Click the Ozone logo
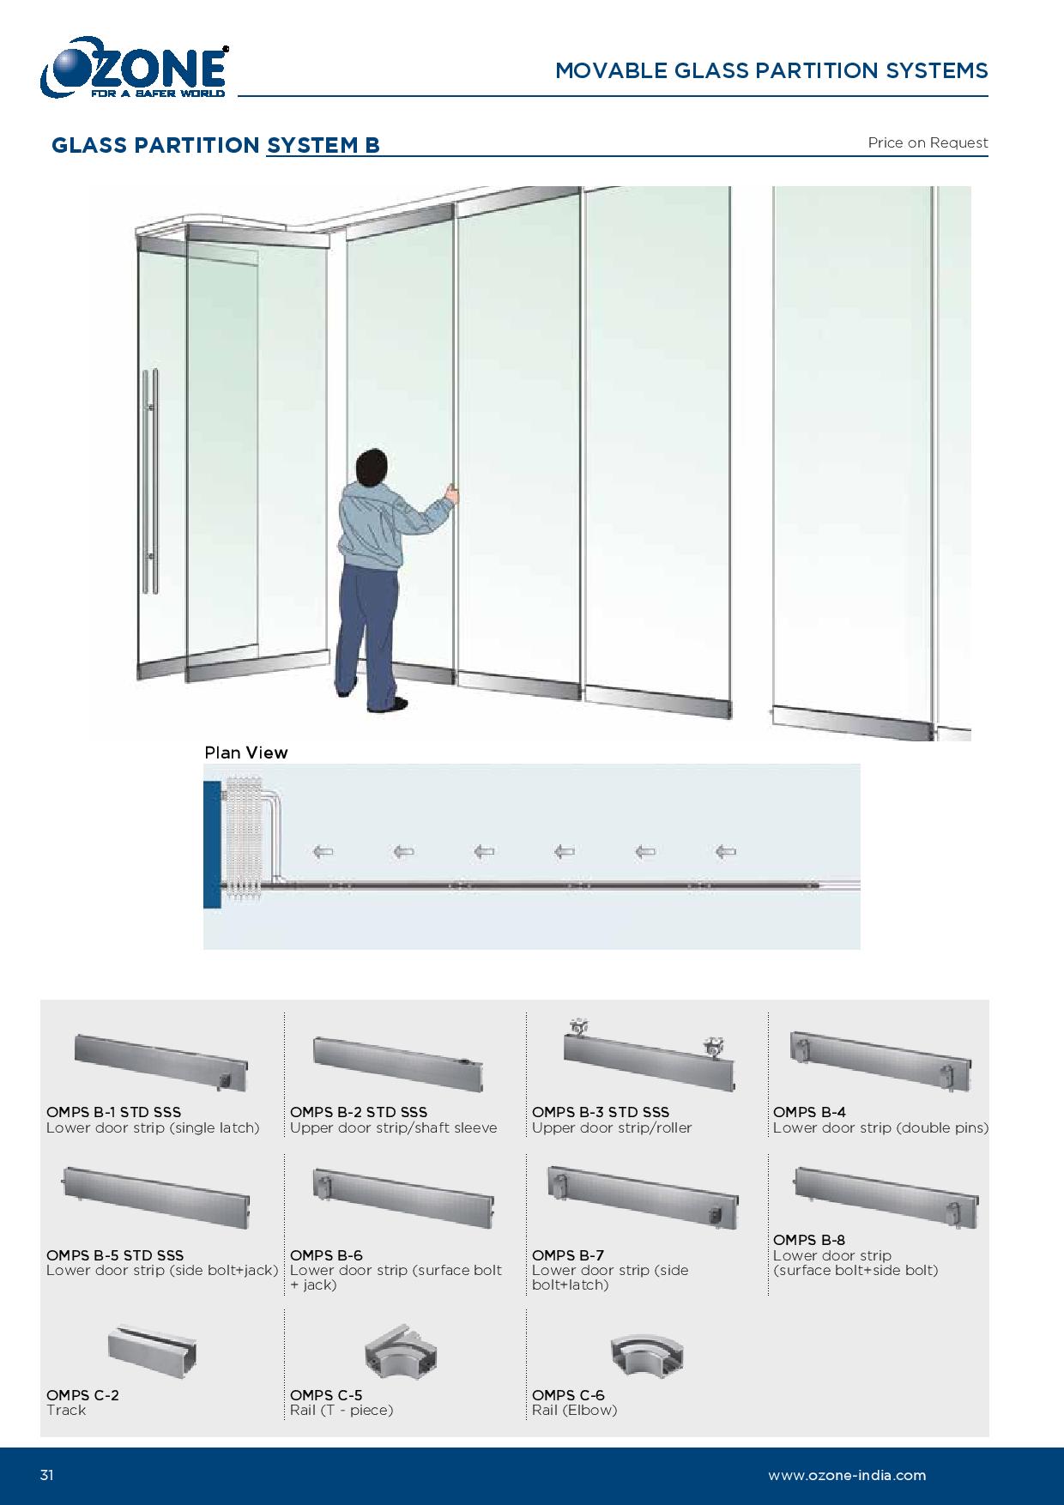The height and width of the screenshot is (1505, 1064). coord(133,68)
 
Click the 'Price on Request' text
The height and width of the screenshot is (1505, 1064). coord(928,142)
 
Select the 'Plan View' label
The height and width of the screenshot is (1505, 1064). coord(246,752)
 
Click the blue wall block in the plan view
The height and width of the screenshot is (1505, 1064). coord(212,844)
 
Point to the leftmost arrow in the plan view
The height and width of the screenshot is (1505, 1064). coord(323,852)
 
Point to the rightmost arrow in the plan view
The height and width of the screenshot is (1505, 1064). coord(725,852)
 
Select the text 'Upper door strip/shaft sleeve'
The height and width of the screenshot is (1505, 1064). coord(393,1127)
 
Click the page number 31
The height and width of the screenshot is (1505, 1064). coord(46,1476)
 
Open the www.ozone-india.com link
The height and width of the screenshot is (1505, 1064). coord(847,1476)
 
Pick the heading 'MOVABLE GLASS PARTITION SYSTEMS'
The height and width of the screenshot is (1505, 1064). coord(771,70)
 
